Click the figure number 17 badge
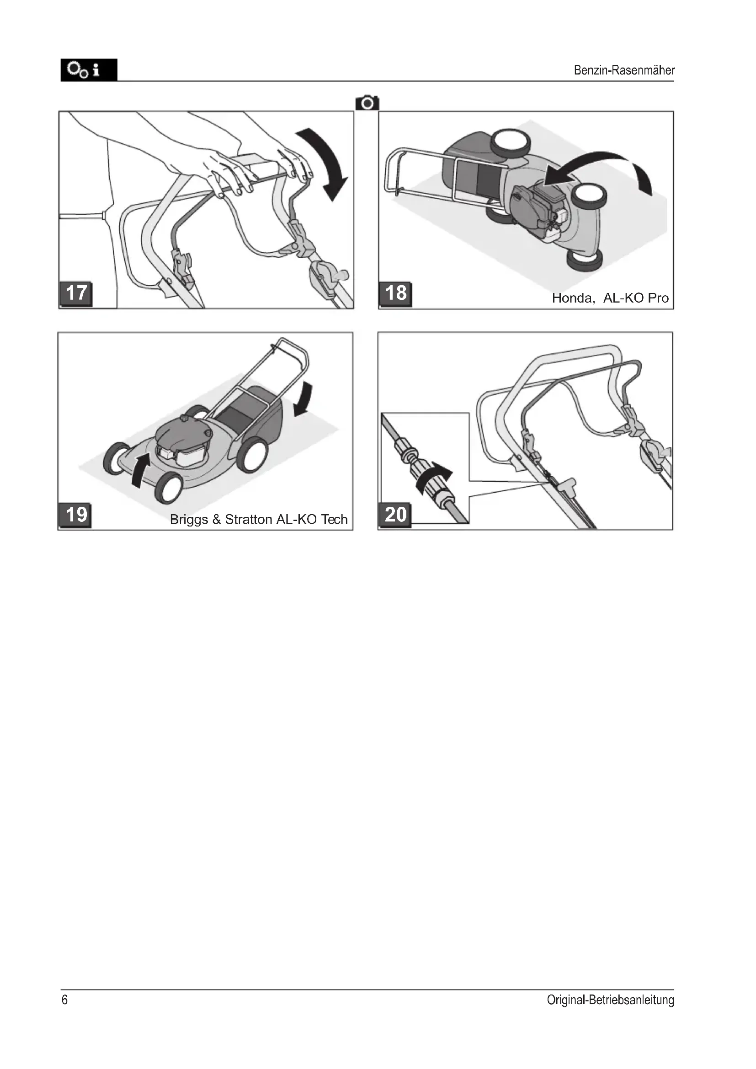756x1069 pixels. point(76,294)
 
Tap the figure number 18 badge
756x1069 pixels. point(396,294)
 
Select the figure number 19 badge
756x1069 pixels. point(75,516)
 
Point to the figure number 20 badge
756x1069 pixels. point(395,515)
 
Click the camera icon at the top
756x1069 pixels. point(367,103)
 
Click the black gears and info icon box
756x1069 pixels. point(89,70)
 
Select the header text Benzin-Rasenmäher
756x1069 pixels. point(624,70)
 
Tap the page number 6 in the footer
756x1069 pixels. point(65,1000)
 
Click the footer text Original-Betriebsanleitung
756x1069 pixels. point(610,1000)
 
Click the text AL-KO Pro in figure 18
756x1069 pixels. point(636,298)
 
